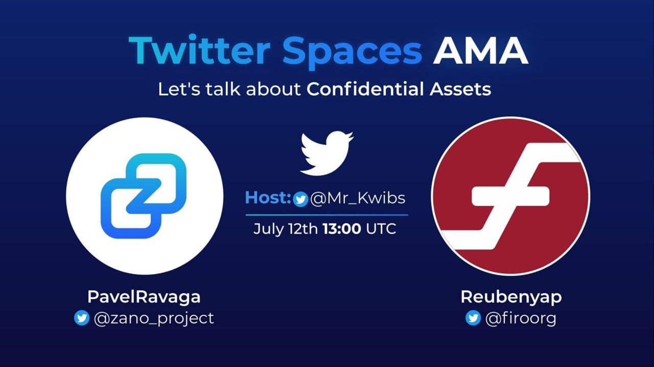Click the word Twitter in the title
[199, 50]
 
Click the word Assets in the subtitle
[460, 89]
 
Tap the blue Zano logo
[144, 196]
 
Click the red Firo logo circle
[510, 196]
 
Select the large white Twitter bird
[326, 153]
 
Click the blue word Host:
[268, 197]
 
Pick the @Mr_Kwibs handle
[358, 198]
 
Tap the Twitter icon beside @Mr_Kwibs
[300, 199]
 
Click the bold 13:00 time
[342, 229]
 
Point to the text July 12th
[286, 229]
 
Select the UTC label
[381, 229]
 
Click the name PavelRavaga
[144, 297]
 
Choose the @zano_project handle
[154, 318]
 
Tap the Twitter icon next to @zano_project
[82, 318]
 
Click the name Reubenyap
[511, 297]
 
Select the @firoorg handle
[521, 318]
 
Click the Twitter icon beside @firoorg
[473, 318]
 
